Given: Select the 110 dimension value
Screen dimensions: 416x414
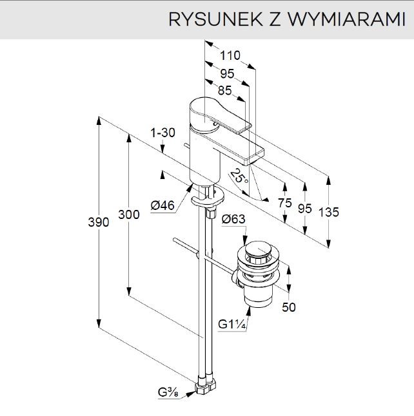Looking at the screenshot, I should (230, 56).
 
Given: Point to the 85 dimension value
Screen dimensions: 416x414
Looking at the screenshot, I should (226, 91).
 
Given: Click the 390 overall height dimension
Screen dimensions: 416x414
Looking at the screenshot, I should (98, 222).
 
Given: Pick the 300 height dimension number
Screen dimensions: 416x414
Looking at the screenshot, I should (129, 215).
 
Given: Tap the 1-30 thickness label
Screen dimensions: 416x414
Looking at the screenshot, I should (163, 133).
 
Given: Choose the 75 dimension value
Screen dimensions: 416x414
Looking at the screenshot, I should (284, 202).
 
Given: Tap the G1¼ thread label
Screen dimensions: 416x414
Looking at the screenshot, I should (232, 324).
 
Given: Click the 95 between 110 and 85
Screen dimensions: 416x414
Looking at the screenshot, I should (227, 73).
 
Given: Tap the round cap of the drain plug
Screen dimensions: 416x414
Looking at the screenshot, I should (259, 249).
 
